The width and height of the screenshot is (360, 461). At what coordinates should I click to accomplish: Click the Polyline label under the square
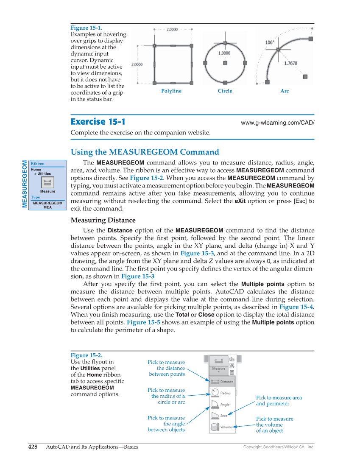coord(171,91)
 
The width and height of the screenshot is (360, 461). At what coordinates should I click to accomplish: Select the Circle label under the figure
coord(225,91)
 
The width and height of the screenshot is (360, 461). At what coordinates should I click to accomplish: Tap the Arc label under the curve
coord(285,91)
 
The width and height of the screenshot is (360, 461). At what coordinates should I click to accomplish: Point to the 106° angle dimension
coord(269,42)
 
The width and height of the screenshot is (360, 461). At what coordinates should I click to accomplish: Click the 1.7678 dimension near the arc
coord(290,63)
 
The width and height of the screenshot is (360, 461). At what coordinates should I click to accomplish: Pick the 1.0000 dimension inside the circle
coord(224,53)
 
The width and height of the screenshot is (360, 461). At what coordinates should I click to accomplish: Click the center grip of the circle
coord(225,63)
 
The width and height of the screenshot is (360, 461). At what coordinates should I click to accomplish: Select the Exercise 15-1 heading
coord(98,122)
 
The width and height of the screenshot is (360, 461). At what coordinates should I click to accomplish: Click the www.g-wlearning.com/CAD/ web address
coord(277,123)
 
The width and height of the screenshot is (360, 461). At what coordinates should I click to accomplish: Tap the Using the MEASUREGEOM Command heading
coord(145,152)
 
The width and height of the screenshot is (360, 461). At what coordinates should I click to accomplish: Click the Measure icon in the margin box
coord(47,182)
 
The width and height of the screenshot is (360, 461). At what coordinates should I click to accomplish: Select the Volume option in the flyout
coord(221,427)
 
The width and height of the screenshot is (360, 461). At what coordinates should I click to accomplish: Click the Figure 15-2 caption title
coord(86,355)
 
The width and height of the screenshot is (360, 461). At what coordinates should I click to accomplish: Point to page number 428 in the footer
coord(33,447)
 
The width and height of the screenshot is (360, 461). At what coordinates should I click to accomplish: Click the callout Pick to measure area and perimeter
coord(279,400)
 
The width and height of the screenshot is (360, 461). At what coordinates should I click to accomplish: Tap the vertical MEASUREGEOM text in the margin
coord(24,184)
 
